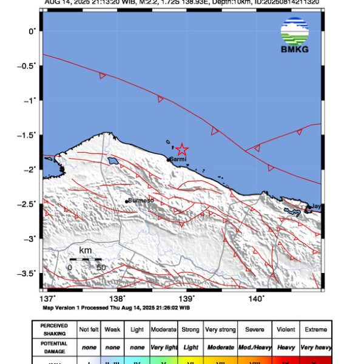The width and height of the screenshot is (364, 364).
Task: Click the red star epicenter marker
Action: click(x=181, y=149)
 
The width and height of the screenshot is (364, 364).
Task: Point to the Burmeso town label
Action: click(x=142, y=200)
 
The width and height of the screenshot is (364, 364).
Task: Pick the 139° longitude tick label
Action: click(x=187, y=298)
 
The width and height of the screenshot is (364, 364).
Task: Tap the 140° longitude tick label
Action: click(x=257, y=298)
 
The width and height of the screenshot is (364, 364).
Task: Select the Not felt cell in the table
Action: click(x=90, y=329)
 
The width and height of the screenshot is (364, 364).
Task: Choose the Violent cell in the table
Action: click(x=285, y=329)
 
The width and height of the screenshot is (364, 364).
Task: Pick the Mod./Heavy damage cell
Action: click(x=254, y=347)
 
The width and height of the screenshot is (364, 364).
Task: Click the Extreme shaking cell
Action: click(x=316, y=329)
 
